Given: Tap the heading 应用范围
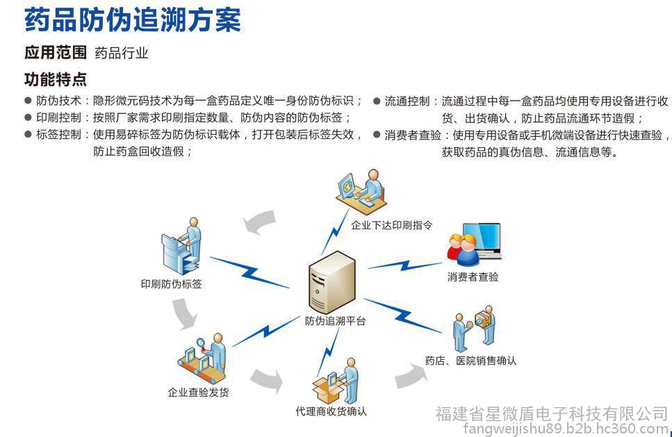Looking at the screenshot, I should [x=56, y=53].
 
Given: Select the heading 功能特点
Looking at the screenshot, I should [x=56, y=79].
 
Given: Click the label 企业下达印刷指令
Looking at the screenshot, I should [x=392, y=225].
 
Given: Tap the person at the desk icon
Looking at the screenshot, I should [x=362, y=188].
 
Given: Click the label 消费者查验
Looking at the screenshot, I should [x=473, y=277].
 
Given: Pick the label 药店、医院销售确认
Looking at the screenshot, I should [x=470, y=361].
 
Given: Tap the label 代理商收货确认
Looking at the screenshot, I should [x=331, y=411].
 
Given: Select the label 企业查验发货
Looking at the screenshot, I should [x=198, y=392].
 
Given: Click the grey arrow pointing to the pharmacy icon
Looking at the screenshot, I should [x=414, y=374].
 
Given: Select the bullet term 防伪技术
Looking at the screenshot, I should [x=58, y=101].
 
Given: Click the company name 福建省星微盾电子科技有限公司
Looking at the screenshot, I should [x=551, y=415].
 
